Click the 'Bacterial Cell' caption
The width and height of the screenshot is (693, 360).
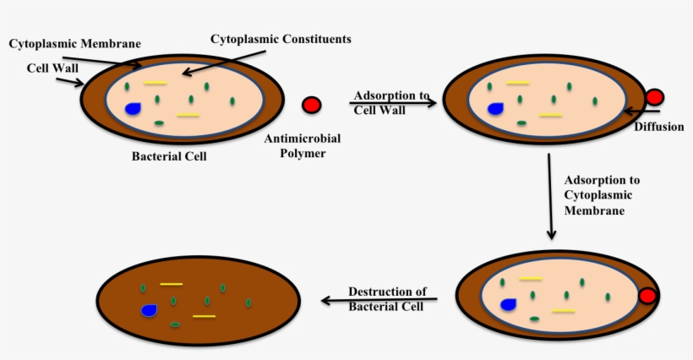pos(169,156)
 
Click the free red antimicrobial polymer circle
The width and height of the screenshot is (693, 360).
pos(311,105)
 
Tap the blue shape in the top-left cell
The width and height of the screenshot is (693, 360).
pos(133,108)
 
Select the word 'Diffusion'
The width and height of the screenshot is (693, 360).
pos(658,127)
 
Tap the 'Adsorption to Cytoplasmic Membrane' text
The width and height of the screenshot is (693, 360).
pos(601,196)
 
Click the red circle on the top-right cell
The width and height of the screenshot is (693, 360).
pos(654,97)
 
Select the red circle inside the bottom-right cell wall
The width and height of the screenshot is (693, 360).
pos(647,297)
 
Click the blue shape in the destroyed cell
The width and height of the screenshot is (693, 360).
pos(150,310)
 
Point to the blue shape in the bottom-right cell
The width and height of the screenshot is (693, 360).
pos(508,304)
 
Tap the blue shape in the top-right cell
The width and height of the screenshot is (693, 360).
pos(495,109)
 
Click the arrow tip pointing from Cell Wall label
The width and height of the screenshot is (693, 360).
pos(80,83)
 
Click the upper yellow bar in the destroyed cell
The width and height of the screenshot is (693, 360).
pos(171,284)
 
